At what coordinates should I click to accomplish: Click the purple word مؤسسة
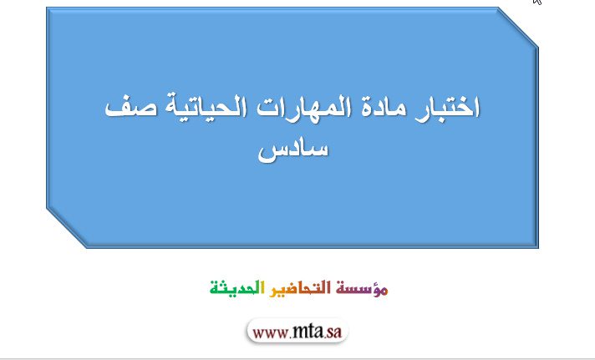(x=362, y=288)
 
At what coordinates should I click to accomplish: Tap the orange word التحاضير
(x=300, y=288)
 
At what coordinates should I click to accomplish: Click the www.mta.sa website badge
(x=297, y=331)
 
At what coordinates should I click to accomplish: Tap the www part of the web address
(x=270, y=333)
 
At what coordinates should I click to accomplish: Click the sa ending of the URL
(x=334, y=332)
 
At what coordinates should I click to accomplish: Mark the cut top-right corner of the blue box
(x=518, y=28)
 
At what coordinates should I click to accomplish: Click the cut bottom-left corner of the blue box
(x=67, y=227)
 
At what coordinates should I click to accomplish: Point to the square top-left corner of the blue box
(x=47, y=8)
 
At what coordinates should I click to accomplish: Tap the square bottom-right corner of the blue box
(x=538, y=248)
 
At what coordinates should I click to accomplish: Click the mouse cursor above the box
(x=537, y=2)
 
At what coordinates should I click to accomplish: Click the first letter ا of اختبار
(x=477, y=106)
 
